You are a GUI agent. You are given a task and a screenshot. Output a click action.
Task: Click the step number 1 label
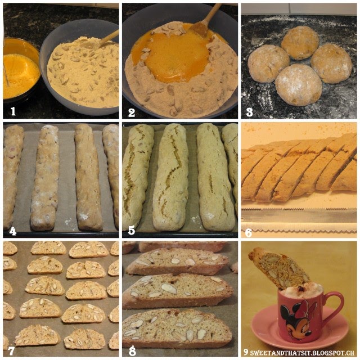tap(13, 111)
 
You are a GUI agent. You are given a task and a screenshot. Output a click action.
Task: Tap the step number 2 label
tap(131, 112)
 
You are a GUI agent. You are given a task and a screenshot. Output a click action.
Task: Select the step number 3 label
tap(250, 112)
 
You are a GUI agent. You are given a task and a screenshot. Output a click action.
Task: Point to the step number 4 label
tap(12, 231)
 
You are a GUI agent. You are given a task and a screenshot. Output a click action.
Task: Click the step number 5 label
tap(131, 231)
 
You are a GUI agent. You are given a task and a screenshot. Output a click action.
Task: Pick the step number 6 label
tap(249, 233)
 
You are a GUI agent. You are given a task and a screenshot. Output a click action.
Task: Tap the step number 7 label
tap(11, 350)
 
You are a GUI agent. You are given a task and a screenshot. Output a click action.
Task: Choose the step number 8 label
tap(132, 351)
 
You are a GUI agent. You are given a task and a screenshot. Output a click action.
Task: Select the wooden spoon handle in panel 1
tap(108, 38)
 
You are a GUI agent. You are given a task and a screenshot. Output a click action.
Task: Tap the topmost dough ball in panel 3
tap(300, 43)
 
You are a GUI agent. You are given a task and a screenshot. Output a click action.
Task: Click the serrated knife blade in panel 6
tap(299, 216)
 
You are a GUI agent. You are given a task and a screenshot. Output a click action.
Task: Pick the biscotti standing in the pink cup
tap(279, 268)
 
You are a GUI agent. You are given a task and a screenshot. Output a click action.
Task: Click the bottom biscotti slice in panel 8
tap(177, 328)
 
